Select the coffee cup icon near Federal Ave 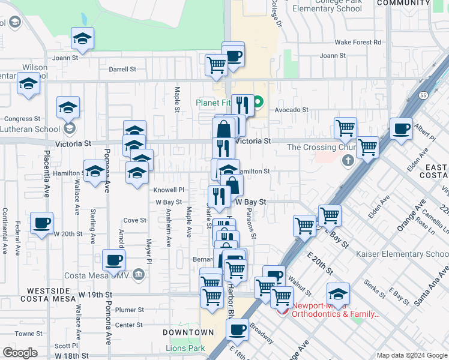pyautogui.click(x=42, y=223)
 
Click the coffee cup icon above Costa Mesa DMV pyautogui.click(x=113, y=260)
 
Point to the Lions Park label pyautogui.click(x=185, y=348)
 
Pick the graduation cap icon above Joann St pyautogui.click(x=82, y=39)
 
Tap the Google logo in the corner pyautogui.click(x=20, y=353)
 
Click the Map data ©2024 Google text pyautogui.click(x=411, y=355)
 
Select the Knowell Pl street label pyautogui.click(x=168, y=190)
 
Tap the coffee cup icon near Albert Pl pyautogui.click(x=401, y=128)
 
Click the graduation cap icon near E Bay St pyautogui.click(x=338, y=295)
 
